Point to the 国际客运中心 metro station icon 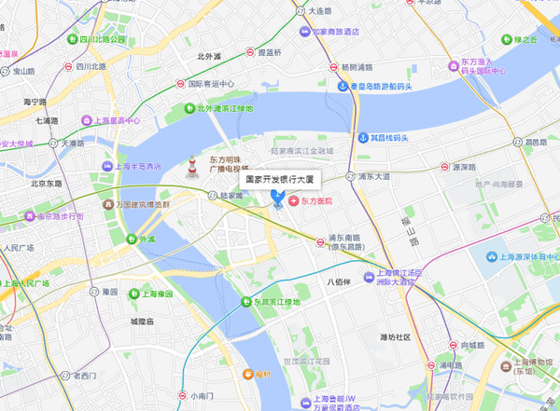click(179, 83)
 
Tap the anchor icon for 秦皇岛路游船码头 click(342, 87)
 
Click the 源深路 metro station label click(451, 168)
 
